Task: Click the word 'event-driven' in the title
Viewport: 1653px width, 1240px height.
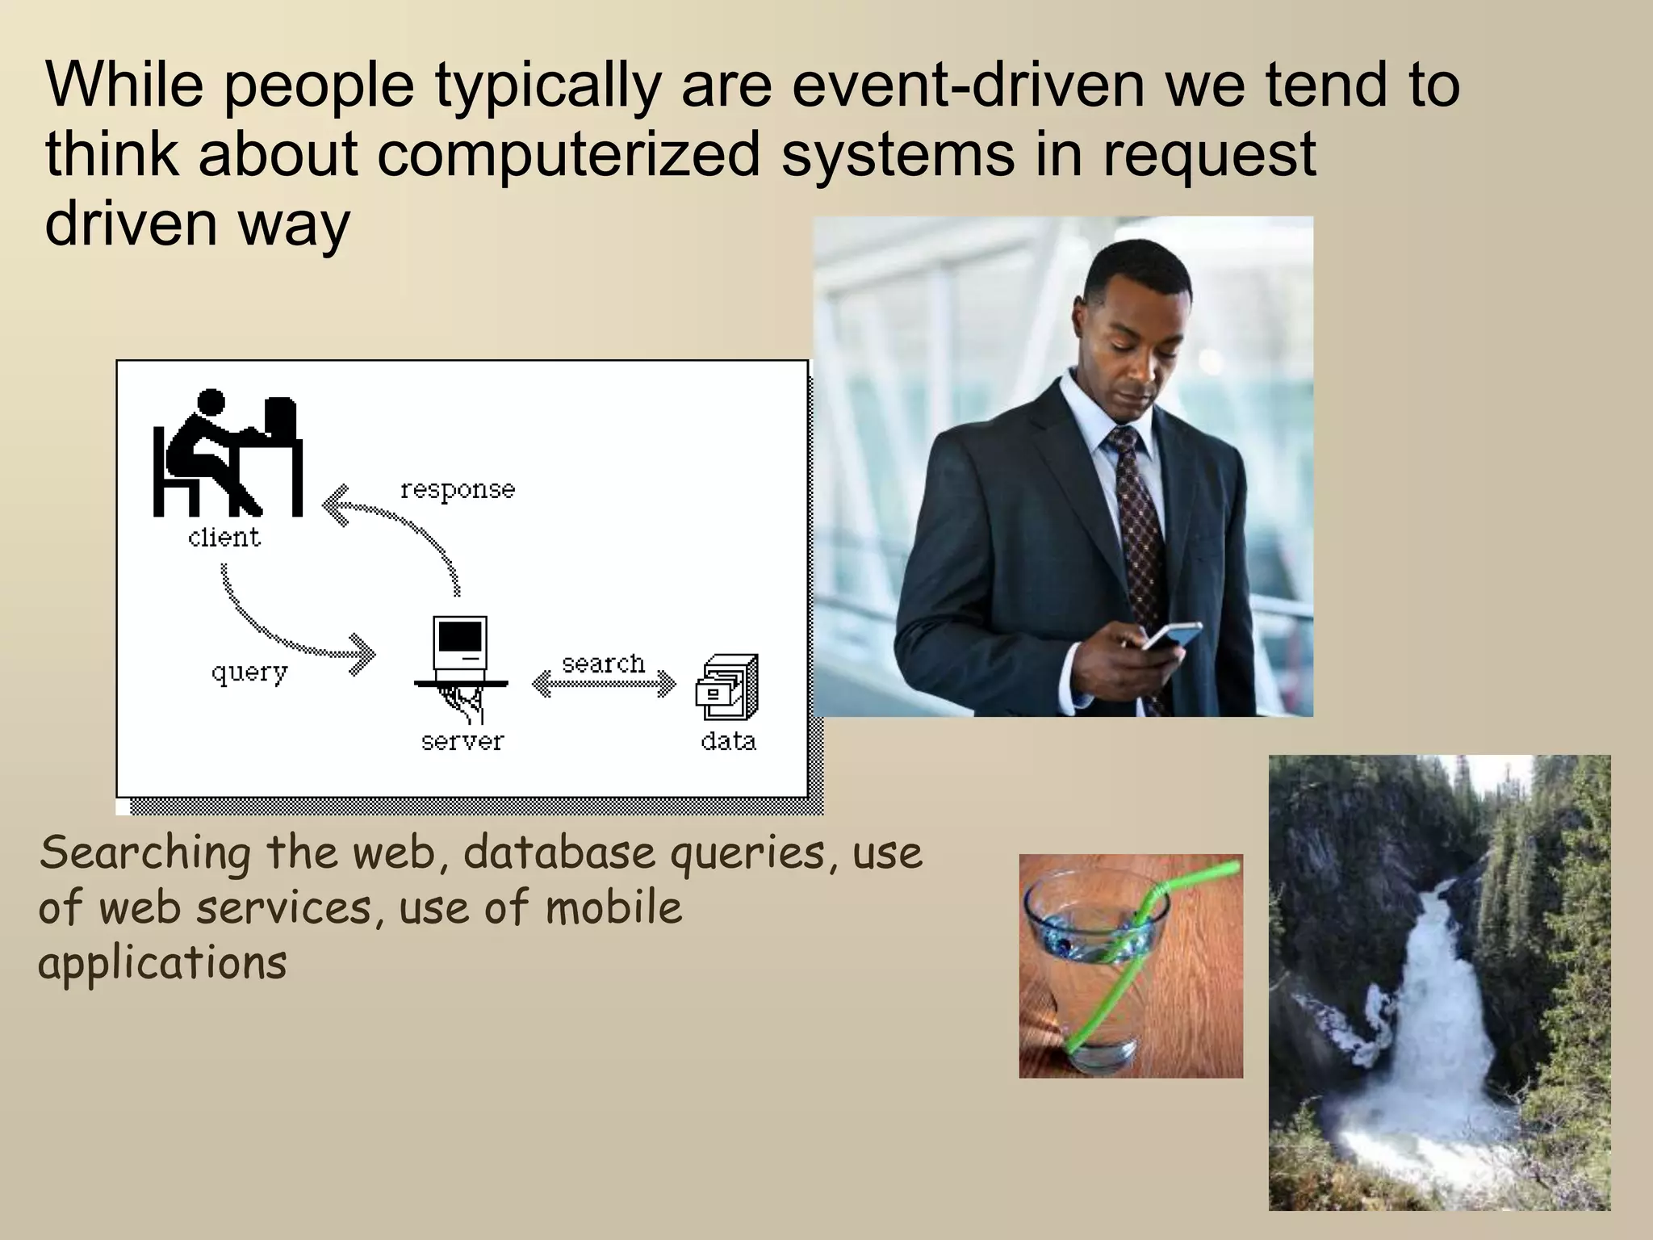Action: [x=969, y=85]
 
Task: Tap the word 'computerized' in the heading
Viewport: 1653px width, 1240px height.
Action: [x=569, y=155]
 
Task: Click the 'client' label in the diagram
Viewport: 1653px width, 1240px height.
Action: [x=224, y=538]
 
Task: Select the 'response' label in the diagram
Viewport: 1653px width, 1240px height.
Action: [x=458, y=490]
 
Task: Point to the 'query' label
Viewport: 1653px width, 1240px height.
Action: [x=249, y=672]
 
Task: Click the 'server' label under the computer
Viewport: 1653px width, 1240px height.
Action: [x=462, y=742]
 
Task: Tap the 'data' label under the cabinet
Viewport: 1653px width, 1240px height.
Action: [x=728, y=742]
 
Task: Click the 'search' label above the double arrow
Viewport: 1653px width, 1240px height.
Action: [x=604, y=664]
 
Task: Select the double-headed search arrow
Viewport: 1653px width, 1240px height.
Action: [x=604, y=685]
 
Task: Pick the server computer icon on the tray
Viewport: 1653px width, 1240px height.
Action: [x=461, y=650]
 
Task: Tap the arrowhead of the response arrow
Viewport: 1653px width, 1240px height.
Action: [x=334, y=505]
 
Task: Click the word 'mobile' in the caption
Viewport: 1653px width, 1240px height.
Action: [x=613, y=908]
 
